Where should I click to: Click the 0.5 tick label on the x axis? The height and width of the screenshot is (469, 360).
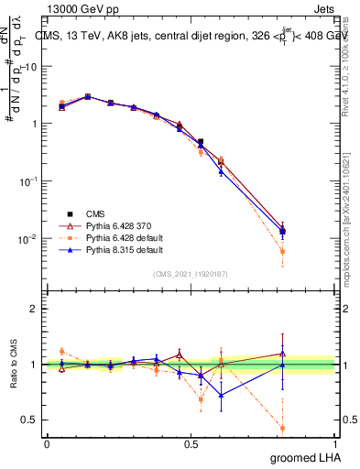click(191, 444)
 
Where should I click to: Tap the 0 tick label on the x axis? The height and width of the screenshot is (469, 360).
click(47, 444)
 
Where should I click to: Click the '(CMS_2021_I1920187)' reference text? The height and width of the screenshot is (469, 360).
click(190, 273)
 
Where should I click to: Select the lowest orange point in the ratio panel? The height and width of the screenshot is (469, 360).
click(282, 428)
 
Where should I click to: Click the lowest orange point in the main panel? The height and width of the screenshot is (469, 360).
click(282, 251)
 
